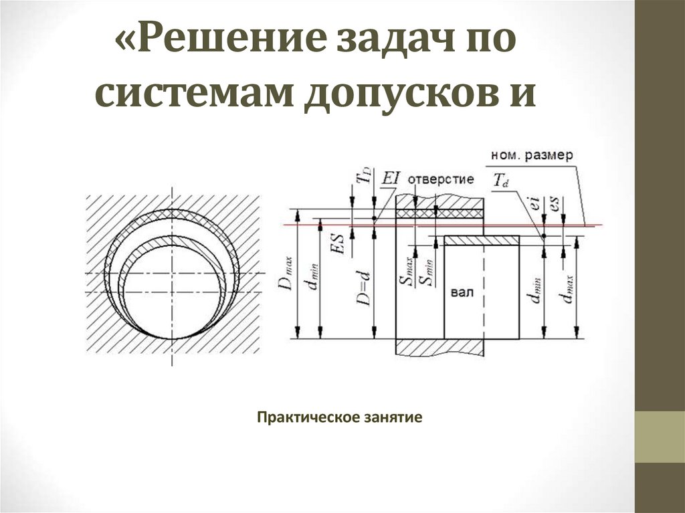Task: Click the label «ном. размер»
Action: (532, 155)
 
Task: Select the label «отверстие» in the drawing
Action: (440, 179)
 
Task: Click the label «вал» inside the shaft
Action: (461, 293)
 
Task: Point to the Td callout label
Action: (500, 180)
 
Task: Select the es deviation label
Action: (555, 203)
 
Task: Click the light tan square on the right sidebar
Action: (659, 436)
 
